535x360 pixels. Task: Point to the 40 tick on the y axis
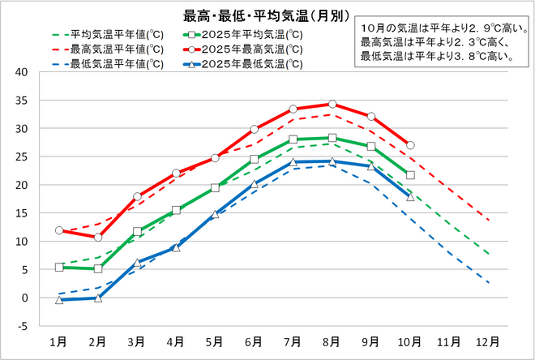23,72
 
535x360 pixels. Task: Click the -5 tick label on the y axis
23,327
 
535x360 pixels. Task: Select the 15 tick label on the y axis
23,213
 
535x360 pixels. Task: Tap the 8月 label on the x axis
332,341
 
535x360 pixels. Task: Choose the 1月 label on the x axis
58,341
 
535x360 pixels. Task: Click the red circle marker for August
332,104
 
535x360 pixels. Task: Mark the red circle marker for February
98,237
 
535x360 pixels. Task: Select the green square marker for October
410,174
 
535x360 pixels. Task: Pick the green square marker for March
137,231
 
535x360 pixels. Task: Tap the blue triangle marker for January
58,300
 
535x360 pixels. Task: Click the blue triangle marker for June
254,184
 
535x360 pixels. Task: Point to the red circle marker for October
410,145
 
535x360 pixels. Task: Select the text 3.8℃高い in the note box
471,56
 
